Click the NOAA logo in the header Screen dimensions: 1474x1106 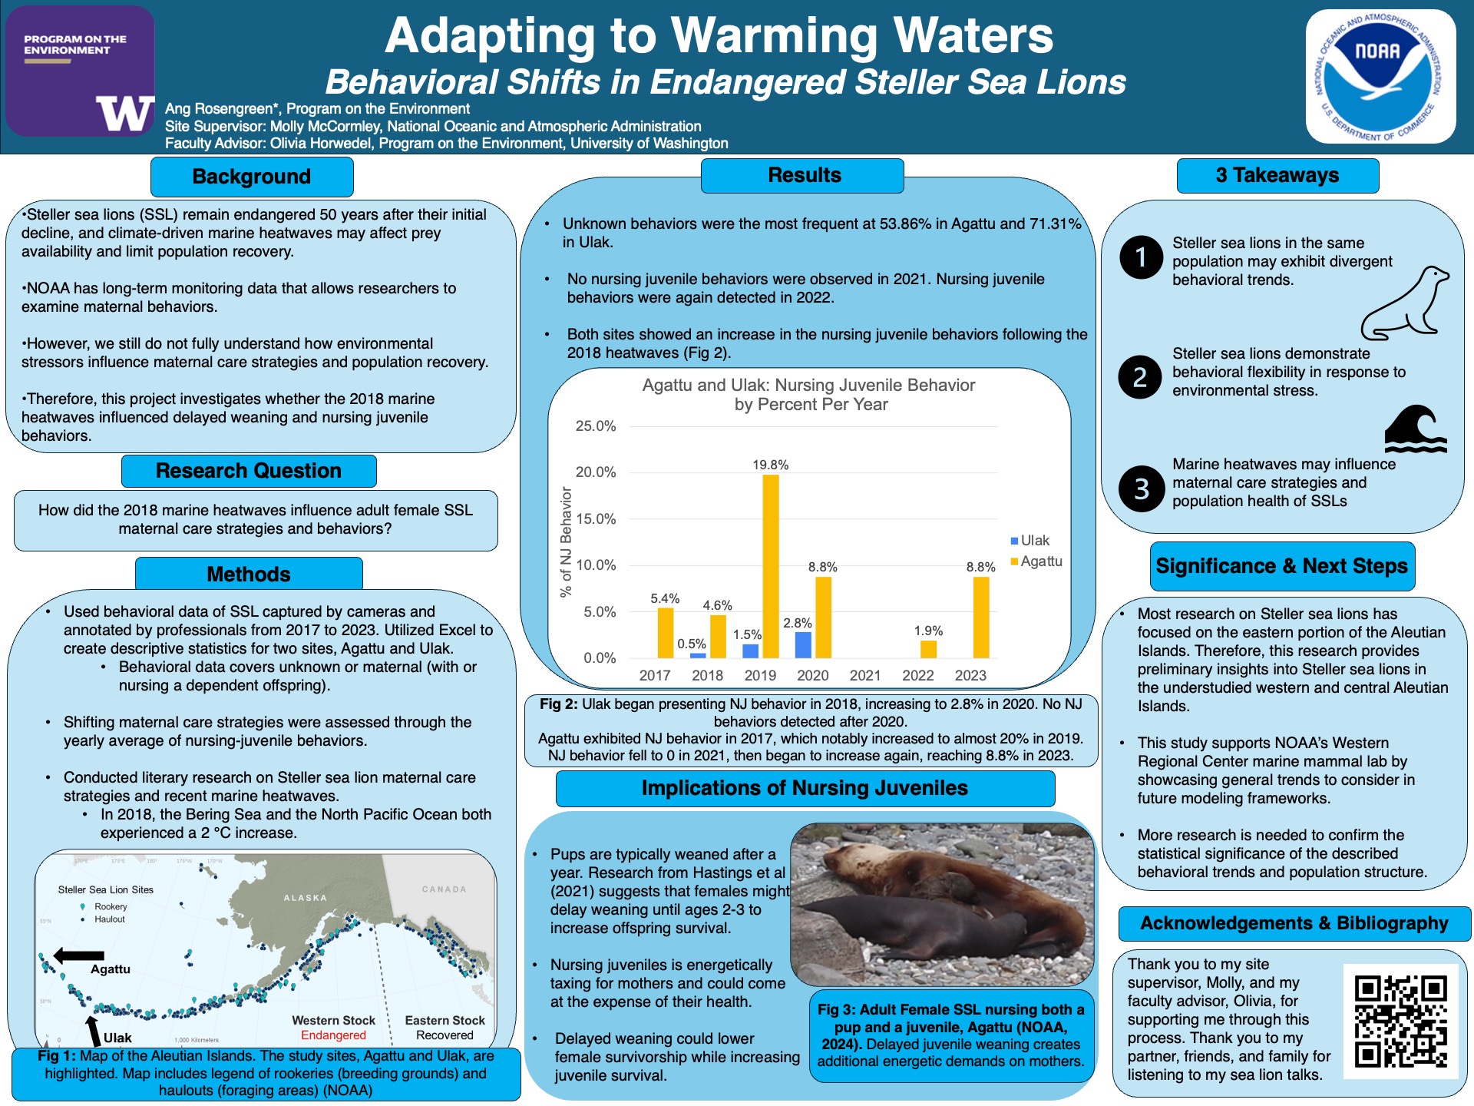pyautogui.click(x=1380, y=76)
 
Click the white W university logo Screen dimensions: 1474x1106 pyautogui.click(x=124, y=114)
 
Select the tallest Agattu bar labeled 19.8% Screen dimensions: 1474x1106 pyautogui.click(x=771, y=566)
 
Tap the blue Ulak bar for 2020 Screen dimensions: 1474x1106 pyautogui.click(x=803, y=645)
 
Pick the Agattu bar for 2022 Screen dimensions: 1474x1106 pyautogui.click(x=928, y=649)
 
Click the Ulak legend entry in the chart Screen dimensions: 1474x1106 pyautogui.click(x=1030, y=541)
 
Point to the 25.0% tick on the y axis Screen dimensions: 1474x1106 pyautogui.click(x=596, y=426)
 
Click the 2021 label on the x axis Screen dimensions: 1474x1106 pyautogui.click(x=865, y=676)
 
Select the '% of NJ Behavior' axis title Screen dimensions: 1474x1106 pyautogui.click(x=566, y=541)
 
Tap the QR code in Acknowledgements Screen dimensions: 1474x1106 pyautogui.click(x=1401, y=1021)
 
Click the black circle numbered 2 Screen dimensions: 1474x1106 pyautogui.click(x=1141, y=376)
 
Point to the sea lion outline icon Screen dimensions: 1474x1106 pyautogui.click(x=1405, y=303)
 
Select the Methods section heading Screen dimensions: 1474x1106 pyautogui.click(x=249, y=574)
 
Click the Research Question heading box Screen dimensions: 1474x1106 pyautogui.click(x=249, y=471)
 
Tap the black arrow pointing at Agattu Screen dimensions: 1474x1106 pyautogui.click(x=79, y=955)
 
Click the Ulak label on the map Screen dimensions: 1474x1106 pyautogui.click(x=117, y=1038)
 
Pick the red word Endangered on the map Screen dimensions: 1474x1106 pyautogui.click(x=333, y=1035)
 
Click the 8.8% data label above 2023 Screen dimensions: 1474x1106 pyautogui.click(x=980, y=567)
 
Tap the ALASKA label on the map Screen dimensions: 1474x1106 pyautogui.click(x=306, y=898)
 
